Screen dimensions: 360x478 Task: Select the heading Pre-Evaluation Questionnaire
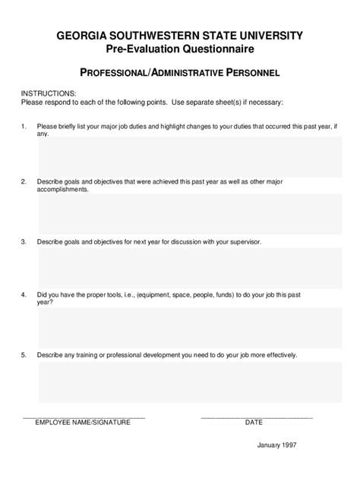pyautogui.click(x=179, y=49)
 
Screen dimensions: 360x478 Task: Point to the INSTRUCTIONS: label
pyautogui.click(x=48, y=93)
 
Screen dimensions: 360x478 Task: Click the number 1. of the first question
pyautogui.click(x=24, y=125)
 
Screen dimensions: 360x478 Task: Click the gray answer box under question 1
pyautogui.click(x=190, y=156)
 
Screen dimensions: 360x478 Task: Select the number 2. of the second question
pyautogui.click(x=24, y=182)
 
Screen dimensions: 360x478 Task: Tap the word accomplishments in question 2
pyautogui.click(x=63, y=190)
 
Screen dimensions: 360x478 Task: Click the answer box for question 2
pyautogui.click(x=190, y=213)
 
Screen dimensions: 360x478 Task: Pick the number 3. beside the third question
pyautogui.click(x=24, y=242)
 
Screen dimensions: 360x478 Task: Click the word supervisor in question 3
pyautogui.click(x=243, y=242)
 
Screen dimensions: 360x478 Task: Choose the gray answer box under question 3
pyautogui.click(x=190, y=269)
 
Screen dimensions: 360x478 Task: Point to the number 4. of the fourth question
pyautogui.click(x=24, y=294)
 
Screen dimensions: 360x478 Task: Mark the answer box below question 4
pyautogui.click(x=190, y=327)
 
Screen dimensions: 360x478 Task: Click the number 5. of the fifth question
pyautogui.click(x=24, y=354)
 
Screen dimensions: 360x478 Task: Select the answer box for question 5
pyautogui.click(x=190, y=382)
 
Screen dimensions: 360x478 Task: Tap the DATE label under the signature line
pyautogui.click(x=254, y=423)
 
